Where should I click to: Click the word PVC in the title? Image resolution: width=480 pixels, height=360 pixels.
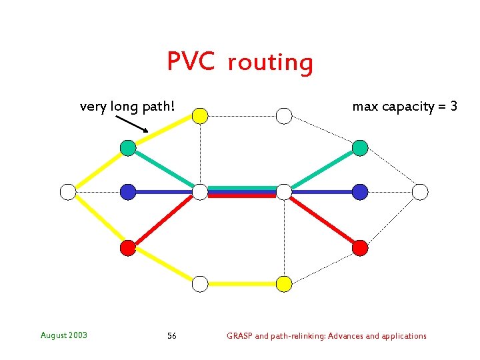(191, 61)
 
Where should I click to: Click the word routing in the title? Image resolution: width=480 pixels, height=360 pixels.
(270, 63)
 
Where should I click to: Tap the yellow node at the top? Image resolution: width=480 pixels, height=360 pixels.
(200, 116)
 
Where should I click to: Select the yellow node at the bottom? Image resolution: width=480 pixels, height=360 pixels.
(284, 284)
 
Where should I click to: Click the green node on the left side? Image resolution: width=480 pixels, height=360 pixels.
(128, 148)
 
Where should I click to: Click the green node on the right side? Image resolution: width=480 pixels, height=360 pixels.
(360, 148)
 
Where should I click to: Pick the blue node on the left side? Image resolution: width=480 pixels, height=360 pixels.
(128, 192)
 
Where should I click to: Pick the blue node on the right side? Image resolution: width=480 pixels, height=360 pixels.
(360, 192)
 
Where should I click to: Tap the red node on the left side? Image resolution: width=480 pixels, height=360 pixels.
(128, 248)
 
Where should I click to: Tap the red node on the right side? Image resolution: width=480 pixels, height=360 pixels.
(360, 248)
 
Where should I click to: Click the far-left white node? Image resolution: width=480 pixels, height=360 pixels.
(68, 192)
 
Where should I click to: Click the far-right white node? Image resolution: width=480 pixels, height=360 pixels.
(420, 192)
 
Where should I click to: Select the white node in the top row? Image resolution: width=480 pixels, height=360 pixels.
(284, 116)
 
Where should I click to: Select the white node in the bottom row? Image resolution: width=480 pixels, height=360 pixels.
(200, 284)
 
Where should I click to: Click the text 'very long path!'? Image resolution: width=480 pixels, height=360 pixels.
(127, 106)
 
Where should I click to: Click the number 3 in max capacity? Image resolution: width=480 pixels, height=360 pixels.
(453, 106)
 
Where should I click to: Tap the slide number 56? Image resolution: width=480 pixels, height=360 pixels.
(172, 336)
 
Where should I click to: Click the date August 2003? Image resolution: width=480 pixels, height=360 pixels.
(63, 335)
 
